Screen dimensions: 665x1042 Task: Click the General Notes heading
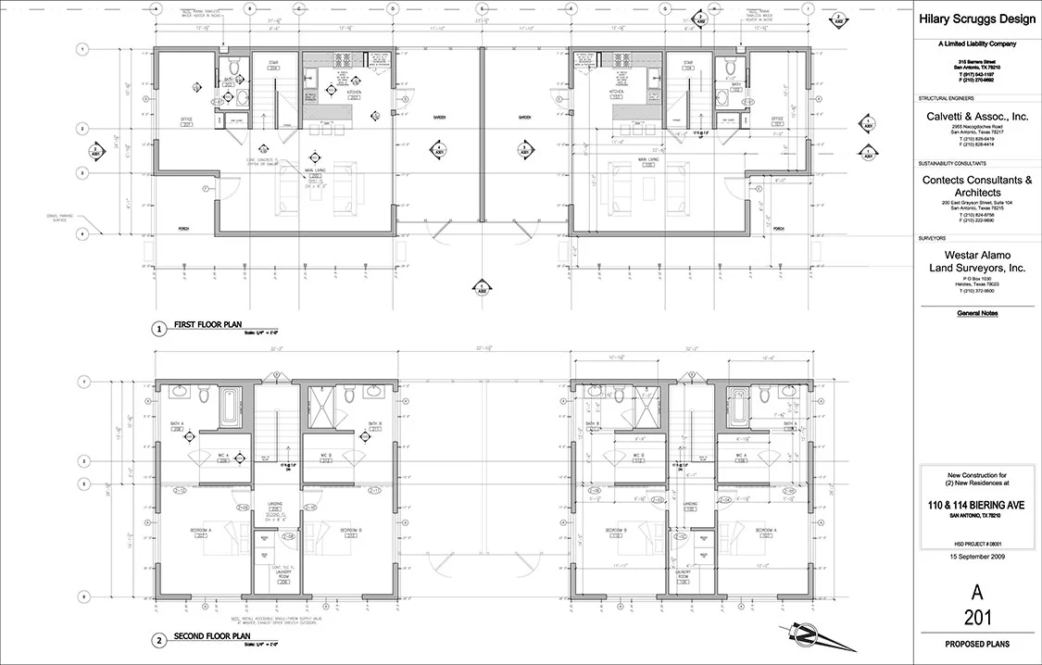coord(977,313)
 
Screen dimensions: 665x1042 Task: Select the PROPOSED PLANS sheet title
coord(977,644)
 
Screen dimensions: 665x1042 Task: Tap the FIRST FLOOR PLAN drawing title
coord(207,324)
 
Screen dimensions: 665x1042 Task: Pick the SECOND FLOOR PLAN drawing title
coord(213,636)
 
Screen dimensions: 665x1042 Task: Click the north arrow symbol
coord(806,636)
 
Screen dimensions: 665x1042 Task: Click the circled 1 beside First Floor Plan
coord(159,328)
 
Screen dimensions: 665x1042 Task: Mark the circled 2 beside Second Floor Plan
coord(159,640)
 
